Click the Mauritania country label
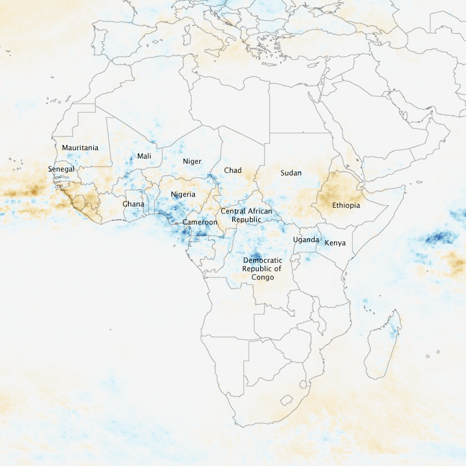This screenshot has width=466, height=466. click(x=80, y=148)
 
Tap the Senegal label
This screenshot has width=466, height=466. click(x=61, y=169)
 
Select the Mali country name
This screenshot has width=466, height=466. click(x=144, y=156)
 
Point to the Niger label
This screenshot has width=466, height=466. click(x=192, y=161)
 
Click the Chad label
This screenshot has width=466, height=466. click(x=232, y=170)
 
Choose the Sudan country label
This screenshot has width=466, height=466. click(x=291, y=173)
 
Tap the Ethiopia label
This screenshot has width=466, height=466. click(x=346, y=205)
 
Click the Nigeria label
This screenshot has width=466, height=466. click(x=183, y=194)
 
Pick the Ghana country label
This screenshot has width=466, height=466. click(x=133, y=204)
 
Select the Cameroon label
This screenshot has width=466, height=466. click(x=200, y=222)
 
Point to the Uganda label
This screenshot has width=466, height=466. click(x=305, y=239)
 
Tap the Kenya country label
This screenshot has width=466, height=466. click(x=335, y=243)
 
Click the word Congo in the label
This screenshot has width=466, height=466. click(x=262, y=277)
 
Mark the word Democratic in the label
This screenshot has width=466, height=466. click(x=262, y=260)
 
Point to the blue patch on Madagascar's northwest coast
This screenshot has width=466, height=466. click(x=392, y=333)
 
